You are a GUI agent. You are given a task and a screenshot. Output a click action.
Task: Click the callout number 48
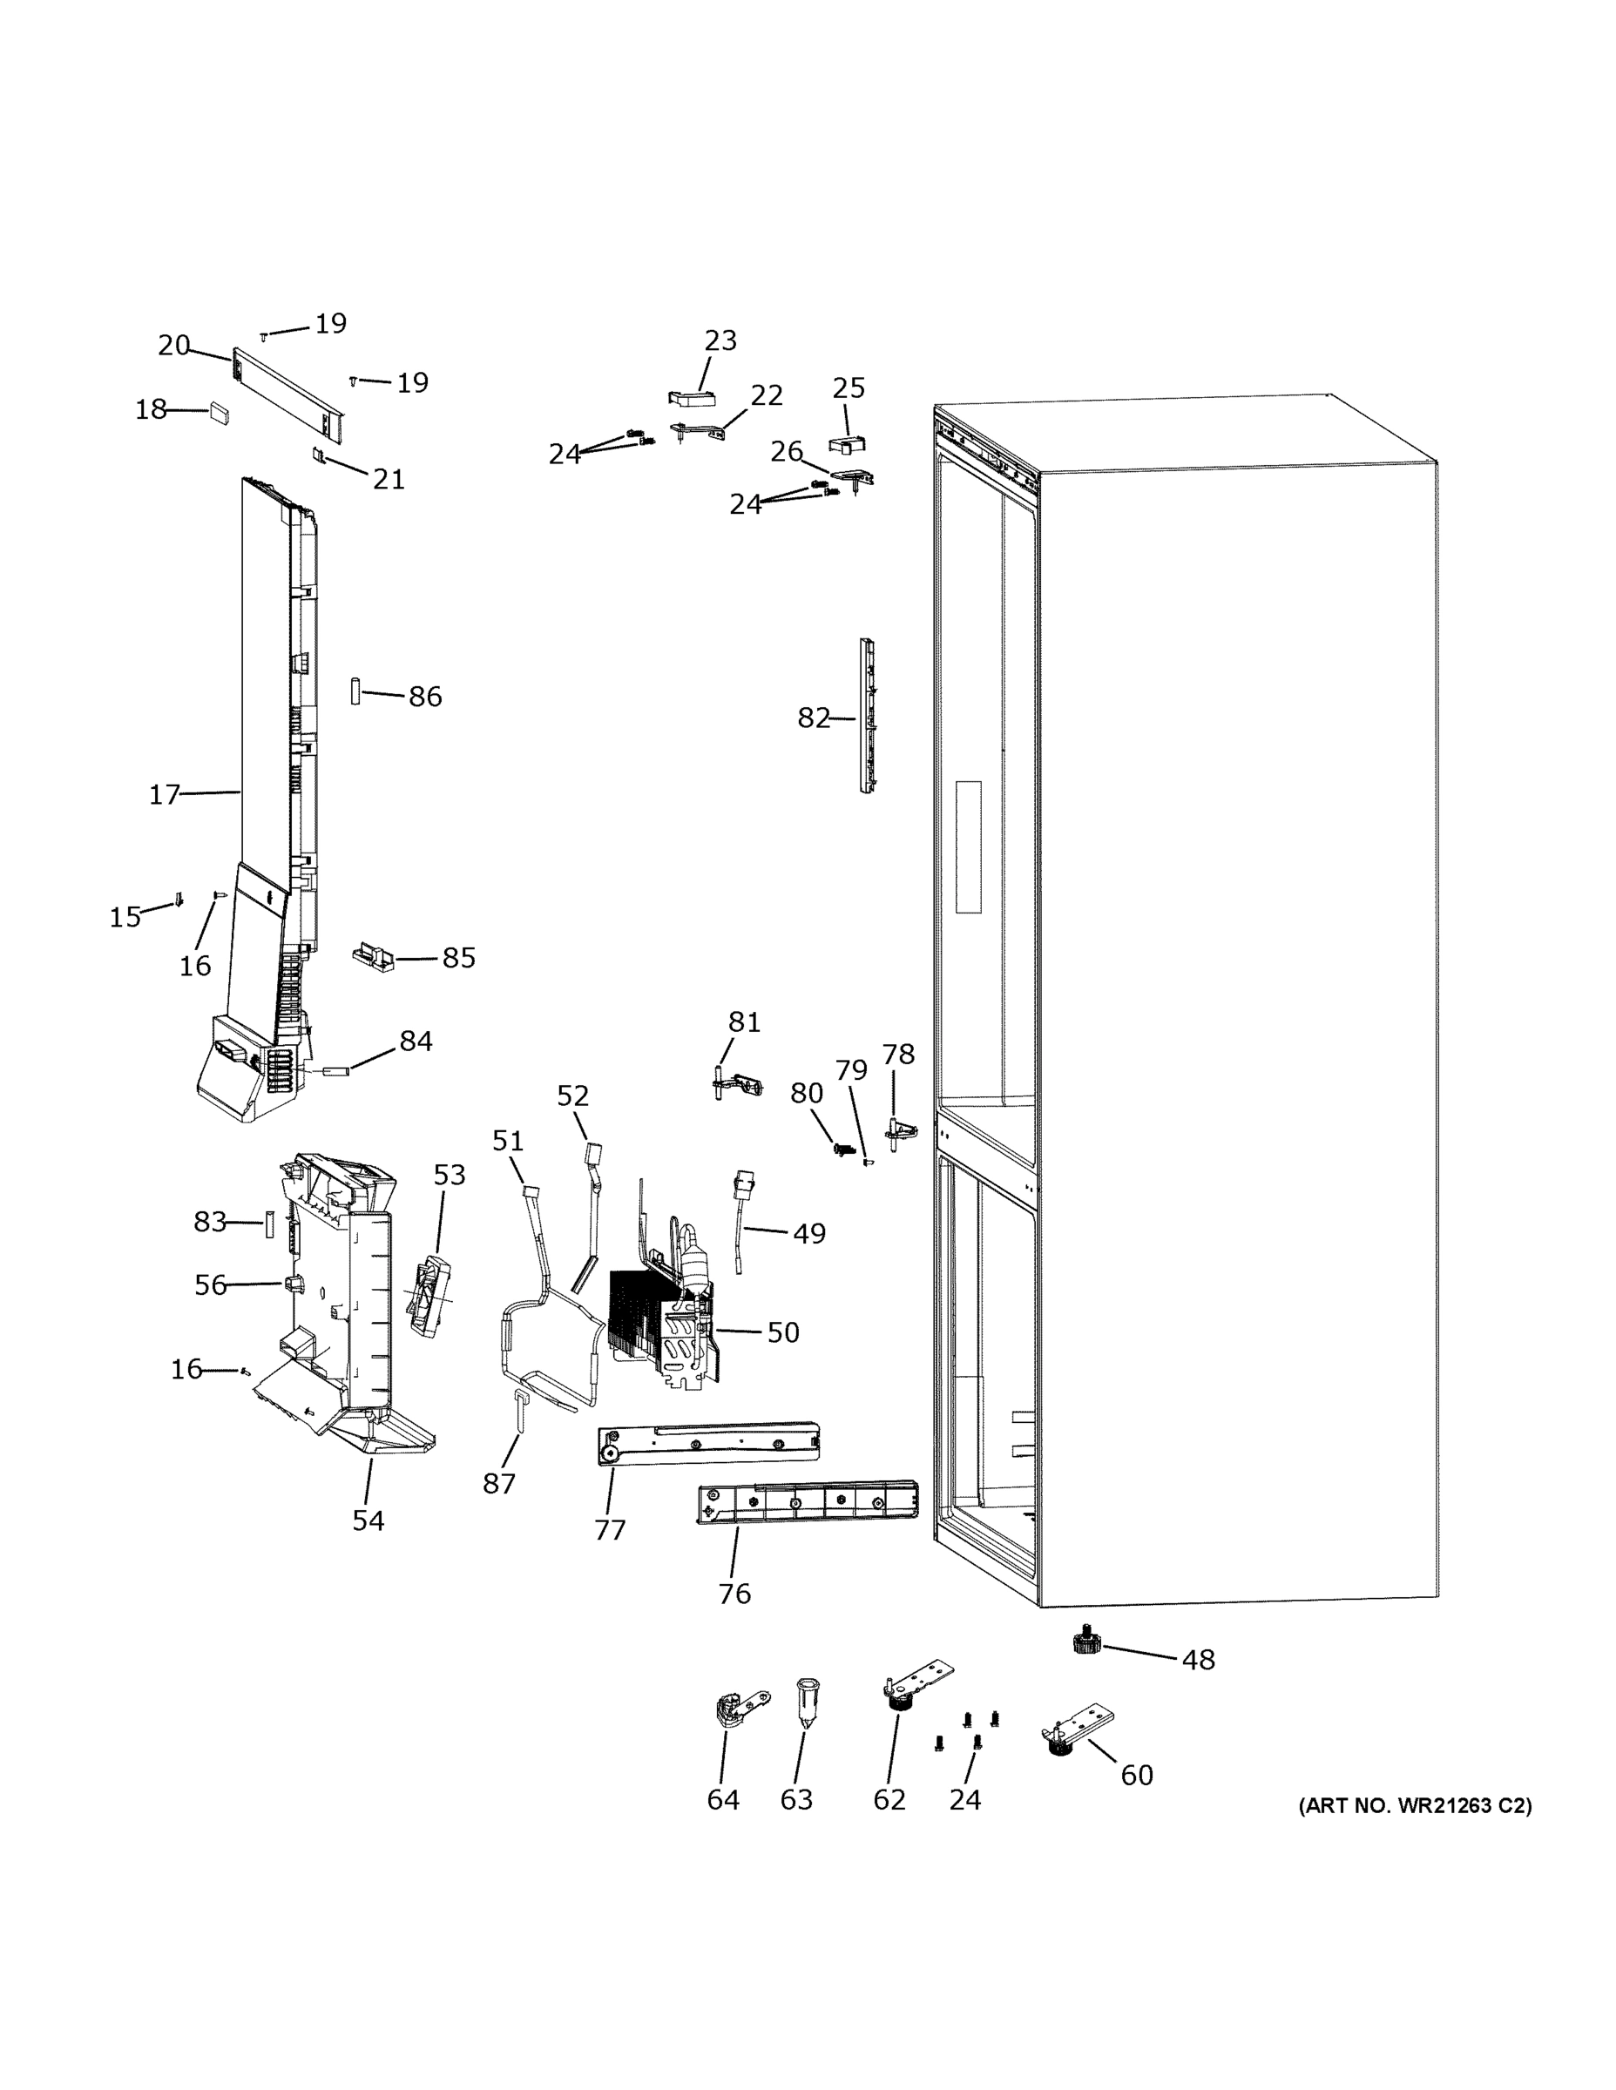click(x=1198, y=1659)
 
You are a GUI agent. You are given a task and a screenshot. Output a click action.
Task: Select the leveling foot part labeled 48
click(x=1085, y=1643)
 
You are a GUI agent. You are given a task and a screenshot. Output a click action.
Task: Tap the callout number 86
click(x=425, y=697)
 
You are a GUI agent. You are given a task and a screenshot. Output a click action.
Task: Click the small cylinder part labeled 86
click(x=355, y=691)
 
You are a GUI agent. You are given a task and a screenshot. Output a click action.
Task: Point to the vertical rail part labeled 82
click(x=868, y=717)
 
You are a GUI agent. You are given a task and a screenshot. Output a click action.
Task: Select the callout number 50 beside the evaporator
click(x=782, y=1332)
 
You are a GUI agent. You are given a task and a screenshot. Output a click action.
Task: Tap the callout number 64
click(x=723, y=1800)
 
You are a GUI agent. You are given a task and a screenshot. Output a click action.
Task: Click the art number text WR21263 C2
click(x=1414, y=1806)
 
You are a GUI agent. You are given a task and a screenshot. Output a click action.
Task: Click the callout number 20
click(x=174, y=346)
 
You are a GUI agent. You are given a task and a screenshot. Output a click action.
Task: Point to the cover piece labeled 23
click(x=691, y=398)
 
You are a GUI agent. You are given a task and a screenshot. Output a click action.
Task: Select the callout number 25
click(x=849, y=388)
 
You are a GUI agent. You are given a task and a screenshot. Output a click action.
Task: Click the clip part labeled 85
click(x=374, y=956)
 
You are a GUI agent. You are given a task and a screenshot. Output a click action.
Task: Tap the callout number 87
click(x=499, y=1483)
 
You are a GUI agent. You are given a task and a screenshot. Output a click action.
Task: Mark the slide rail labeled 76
click(x=807, y=1501)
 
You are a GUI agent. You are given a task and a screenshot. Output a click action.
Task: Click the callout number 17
click(x=164, y=794)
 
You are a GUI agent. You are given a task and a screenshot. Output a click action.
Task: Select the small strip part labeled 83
click(x=270, y=1224)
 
